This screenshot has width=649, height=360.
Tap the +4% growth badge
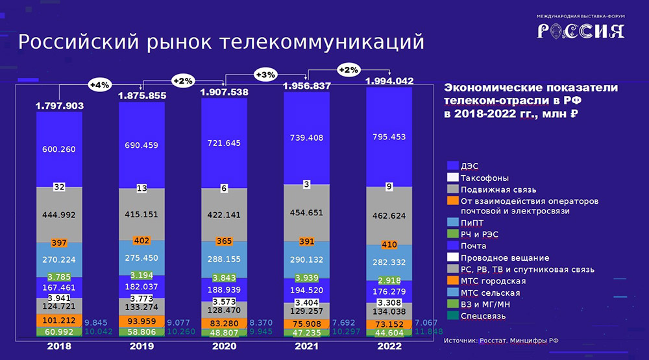[x=100, y=84]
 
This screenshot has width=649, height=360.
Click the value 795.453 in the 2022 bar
[x=389, y=138]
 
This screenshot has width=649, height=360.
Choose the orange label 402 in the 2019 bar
[x=141, y=241]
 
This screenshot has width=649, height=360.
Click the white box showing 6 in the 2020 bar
[x=223, y=188]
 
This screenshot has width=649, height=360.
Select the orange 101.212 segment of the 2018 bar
[x=59, y=320]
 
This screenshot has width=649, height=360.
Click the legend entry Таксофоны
[x=484, y=178]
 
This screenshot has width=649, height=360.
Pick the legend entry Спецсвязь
[x=483, y=316]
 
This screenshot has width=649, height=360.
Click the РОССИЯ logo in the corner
[x=580, y=30]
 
